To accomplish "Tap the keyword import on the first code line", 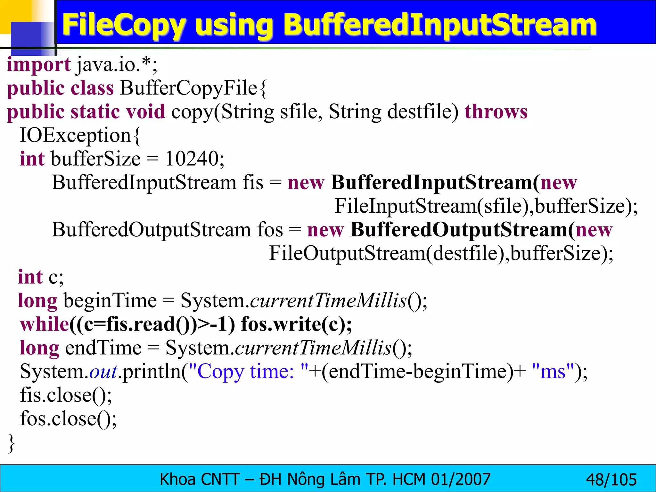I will point(39,65).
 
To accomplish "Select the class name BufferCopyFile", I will point(188,88).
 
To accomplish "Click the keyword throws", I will point(496,112).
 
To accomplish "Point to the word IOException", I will point(75,135).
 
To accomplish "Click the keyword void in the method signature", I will point(146,112).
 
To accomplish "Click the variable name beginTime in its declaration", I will point(110,301).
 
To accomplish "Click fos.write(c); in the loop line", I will point(296,324).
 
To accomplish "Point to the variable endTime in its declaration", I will point(103,348).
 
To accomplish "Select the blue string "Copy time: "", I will point(248,372).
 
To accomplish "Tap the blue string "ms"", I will point(553,372).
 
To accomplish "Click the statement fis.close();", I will point(66,395).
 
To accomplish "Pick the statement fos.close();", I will point(68,419).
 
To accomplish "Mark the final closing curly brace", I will point(11,443).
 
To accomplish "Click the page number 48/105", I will point(611,480).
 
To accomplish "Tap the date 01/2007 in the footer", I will point(461,480).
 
